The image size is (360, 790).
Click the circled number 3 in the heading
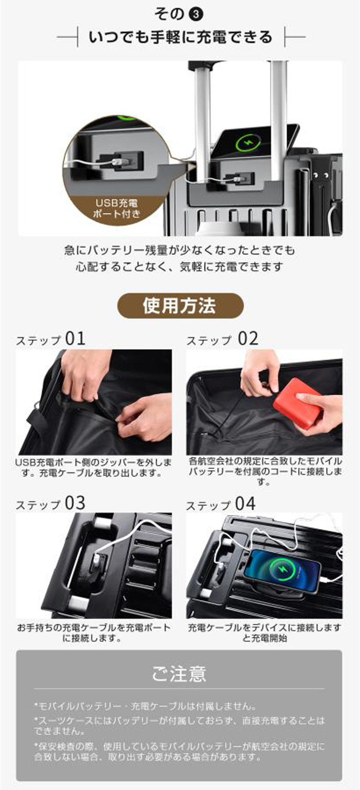(x=196, y=15)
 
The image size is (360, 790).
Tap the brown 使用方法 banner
(x=180, y=306)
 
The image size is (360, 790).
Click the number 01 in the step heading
(x=75, y=339)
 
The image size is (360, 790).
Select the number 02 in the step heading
(x=248, y=339)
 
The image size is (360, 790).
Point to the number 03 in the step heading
(x=75, y=503)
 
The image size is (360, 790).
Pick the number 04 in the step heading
(x=245, y=504)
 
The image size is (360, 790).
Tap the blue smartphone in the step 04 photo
(x=282, y=572)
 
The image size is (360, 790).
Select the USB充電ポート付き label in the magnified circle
(x=116, y=208)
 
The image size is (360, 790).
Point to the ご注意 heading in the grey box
(x=179, y=673)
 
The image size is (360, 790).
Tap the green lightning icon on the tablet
(x=248, y=143)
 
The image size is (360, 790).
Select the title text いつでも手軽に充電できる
(x=180, y=37)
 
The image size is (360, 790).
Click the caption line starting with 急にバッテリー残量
(x=180, y=250)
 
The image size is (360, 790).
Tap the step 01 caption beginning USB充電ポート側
(x=93, y=467)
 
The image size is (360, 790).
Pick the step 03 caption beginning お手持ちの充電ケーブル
(x=94, y=632)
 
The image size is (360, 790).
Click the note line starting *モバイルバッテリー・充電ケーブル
(x=146, y=706)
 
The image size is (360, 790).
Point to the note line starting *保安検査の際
(x=179, y=752)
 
